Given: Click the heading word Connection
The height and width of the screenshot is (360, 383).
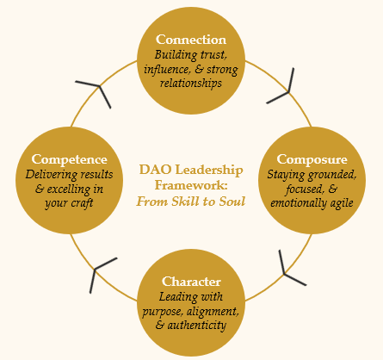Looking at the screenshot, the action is pos(191,40).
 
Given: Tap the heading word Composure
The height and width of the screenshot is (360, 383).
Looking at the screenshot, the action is pos(312,159).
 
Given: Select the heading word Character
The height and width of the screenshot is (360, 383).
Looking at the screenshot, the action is pos(191,282).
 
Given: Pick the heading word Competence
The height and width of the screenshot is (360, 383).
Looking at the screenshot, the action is pos(69,159).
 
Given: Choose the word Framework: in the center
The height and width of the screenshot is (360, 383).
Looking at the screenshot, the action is pos(191,185).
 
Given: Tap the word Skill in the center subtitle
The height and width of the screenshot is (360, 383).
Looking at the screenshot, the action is pos(184,202).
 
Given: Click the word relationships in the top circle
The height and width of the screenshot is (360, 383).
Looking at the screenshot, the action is pos(191,84).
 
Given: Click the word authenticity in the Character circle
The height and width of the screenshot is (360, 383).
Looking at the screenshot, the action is pos(197,326).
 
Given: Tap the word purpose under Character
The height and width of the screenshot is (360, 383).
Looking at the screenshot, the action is pos(163,312).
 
